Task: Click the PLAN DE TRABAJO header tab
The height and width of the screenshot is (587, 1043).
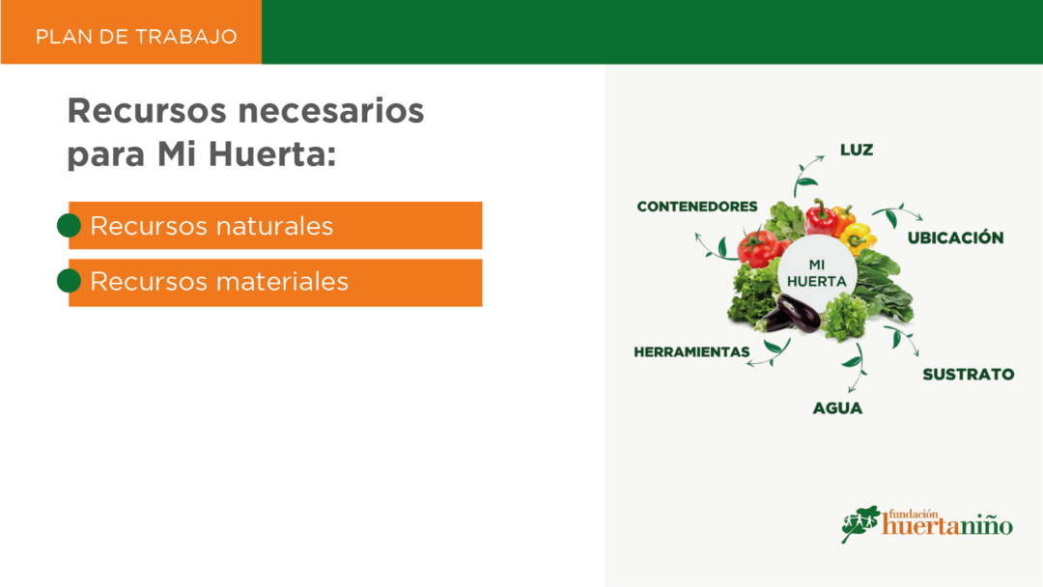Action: (x=131, y=33)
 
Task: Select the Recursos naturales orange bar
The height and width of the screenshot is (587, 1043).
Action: (x=275, y=225)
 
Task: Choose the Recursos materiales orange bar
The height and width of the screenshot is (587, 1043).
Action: (x=275, y=283)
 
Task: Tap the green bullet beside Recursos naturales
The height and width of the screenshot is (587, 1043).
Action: (x=69, y=225)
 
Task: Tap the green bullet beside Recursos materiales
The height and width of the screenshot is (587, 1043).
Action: (x=69, y=281)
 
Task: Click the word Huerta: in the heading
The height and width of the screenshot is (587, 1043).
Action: (x=272, y=154)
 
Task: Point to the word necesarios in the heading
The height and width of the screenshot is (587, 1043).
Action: (x=330, y=110)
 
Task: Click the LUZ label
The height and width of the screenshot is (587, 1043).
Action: (x=857, y=150)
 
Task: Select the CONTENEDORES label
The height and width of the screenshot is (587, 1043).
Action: (x=697, y=207)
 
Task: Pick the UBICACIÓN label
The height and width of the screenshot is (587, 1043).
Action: (x=955, y=238)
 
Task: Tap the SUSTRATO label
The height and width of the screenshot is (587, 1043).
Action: (x=969, y=375)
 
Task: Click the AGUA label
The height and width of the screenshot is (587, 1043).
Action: (x=837, y=408)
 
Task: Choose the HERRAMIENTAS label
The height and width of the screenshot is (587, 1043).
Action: (x=691, y=351)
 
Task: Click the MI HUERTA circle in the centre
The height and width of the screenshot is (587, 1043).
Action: (x=817, y=273)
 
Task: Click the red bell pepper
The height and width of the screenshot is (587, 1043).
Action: (x=822, y=217)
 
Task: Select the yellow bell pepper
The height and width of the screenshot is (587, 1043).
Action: (x=858, y=238)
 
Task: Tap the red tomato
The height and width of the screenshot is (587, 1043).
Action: (x=758, y=247)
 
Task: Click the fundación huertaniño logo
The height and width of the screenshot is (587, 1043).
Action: (x=926, y=524)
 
